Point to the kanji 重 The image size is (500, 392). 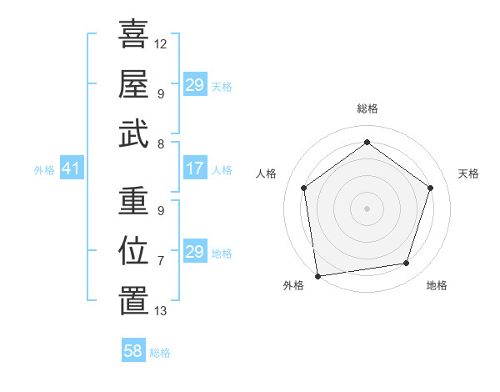click(x=133, y=201)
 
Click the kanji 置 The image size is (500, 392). click(x=133, y=301)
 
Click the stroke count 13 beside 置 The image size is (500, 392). click(x=161, y=311)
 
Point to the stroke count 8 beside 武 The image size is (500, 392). click(x=161, y=143)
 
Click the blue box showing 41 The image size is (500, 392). click(x=71, y=169)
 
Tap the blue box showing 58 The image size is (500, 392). click(x=133, y=351)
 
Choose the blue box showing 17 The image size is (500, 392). click(x=195, y=169)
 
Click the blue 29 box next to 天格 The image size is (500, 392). click(x=195, y=85)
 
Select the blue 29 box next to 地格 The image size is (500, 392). click(x=195, y=252)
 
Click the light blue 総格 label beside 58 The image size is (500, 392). click(x=160, y=353)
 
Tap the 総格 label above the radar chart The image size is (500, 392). click(x=367, y=108)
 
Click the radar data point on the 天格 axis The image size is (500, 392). click(x=430, y=188)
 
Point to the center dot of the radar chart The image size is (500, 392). click(x=367, y=208)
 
